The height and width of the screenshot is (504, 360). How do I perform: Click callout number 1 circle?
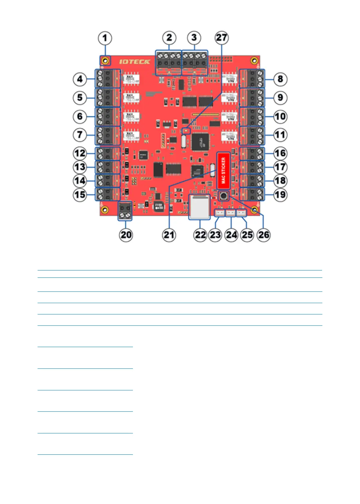pyautogui.click(x=105, y=38)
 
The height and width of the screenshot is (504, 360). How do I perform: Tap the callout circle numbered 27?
pyautogui.click(x=221, y=38)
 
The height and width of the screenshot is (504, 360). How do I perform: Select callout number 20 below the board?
pyautogui.click(x=126, y=235)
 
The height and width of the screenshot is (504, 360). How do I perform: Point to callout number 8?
pyautogui.click(x=280, y=79)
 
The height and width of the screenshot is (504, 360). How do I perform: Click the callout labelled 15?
pyautogui.click(x=80, y=195)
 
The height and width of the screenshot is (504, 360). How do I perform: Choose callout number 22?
pyautogui.click(x=200, y=235)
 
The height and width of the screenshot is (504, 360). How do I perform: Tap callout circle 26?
pyautogui.click(x=264, y=235)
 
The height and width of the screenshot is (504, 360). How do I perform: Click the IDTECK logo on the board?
pyautogui.click(x=135, y=62)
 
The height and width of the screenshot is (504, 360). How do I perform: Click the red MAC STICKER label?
pyautogui.click(x=223, y=170)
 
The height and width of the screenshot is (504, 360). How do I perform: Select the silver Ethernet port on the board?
pyautogui.click(x=199, y=207)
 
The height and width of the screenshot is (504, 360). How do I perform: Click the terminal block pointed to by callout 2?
pyautogui.click(x=169, y=63)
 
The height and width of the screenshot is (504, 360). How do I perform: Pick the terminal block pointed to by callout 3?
pyautogui.click(x=195, y=63)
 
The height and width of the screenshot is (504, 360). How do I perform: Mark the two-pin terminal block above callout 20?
pyautogui.click(x=125, y=211)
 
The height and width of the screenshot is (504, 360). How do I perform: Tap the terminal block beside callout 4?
pyautogui.click(x=108, y=79)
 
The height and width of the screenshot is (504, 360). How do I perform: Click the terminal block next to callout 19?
pyautogui.click(x=252, y=194)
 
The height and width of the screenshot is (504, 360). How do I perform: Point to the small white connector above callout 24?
pyautogui.click(x=230, y=213)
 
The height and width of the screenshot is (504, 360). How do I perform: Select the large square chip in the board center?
pyautogui.click(x=200, y=142)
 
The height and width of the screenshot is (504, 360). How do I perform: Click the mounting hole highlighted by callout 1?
pyautogui.click(x=105, y=61)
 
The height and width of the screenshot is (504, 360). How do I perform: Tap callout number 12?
pyautogui.click(x=80, y=153)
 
